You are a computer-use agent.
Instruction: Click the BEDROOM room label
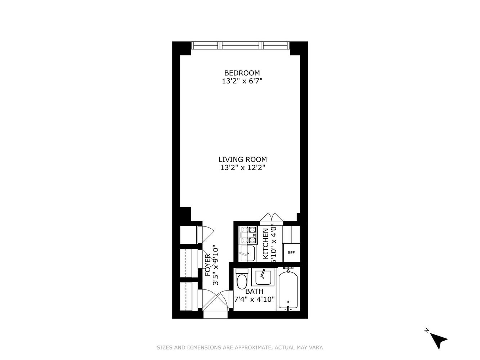[242, 73]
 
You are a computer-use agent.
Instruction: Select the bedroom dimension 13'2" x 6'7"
[242, 81]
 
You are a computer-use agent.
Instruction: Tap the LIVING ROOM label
[242, 159]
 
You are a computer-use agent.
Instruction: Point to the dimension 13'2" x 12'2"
[242, 168]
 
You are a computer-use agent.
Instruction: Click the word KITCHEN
[265, 243]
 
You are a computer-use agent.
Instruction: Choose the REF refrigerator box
[291, 253]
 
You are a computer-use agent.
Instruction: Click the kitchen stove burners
[248, 235]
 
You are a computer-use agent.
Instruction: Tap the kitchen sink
[248, 253]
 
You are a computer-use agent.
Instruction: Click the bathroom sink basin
[263, 277]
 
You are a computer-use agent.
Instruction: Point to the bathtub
[288, 289]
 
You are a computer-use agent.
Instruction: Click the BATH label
[254, 291]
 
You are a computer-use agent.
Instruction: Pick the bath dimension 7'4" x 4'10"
[254, 299]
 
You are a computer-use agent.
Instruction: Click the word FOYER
[207, 265]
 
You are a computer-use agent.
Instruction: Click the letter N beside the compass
[426, 330]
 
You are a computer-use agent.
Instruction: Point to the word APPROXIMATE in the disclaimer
[252, 347]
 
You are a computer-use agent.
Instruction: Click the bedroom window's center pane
[241, 45]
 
